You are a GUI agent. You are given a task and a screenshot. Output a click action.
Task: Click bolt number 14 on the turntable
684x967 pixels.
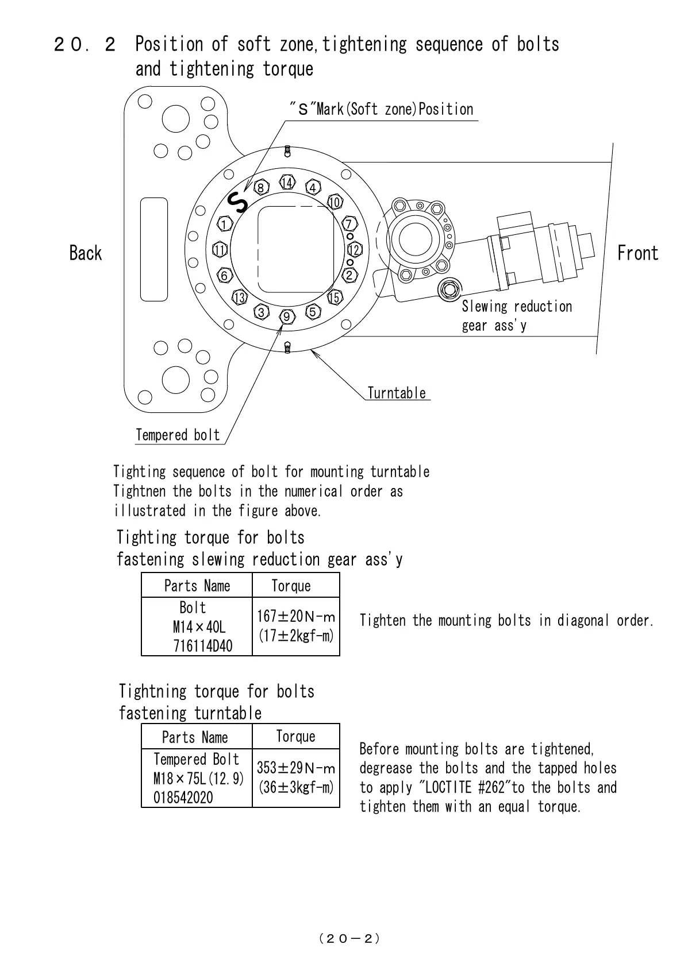click(287, 183)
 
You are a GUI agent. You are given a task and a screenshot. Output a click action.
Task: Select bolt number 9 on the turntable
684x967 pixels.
click(287, 316)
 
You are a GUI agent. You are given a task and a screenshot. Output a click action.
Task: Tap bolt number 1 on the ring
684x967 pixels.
click(225, 223)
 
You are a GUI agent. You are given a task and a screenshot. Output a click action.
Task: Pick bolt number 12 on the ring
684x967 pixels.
click(355, 250)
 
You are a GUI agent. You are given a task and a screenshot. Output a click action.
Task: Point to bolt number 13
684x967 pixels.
click(240, 297)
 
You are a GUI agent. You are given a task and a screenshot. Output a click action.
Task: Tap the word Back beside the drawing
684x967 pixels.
click(85, 253)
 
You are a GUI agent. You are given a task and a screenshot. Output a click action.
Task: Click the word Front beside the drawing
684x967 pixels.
click(637, 253)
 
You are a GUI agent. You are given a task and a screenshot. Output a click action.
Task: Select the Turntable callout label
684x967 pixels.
click(397, 393)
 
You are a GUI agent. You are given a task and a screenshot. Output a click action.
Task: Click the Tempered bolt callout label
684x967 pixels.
click(178, 435)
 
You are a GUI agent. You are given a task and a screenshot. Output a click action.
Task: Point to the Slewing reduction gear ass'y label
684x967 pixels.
click(517, 316)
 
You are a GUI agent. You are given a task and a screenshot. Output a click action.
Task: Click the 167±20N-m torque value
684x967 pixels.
click(295, 617)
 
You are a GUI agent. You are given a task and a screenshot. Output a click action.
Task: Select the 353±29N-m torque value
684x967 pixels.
click(295, 768)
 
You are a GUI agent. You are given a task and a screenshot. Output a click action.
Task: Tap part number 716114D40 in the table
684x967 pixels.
click(203, 646)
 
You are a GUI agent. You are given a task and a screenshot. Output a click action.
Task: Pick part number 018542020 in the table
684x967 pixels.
click(183, 798)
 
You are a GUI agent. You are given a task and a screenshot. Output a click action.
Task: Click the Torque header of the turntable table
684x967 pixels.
click(295, 736)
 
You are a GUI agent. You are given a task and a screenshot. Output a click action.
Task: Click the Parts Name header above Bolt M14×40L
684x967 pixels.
click(197, 586)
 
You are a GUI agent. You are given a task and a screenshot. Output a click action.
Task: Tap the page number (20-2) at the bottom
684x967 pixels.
click(349, 938)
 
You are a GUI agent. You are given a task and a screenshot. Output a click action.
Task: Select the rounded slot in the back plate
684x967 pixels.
click(154, 249)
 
